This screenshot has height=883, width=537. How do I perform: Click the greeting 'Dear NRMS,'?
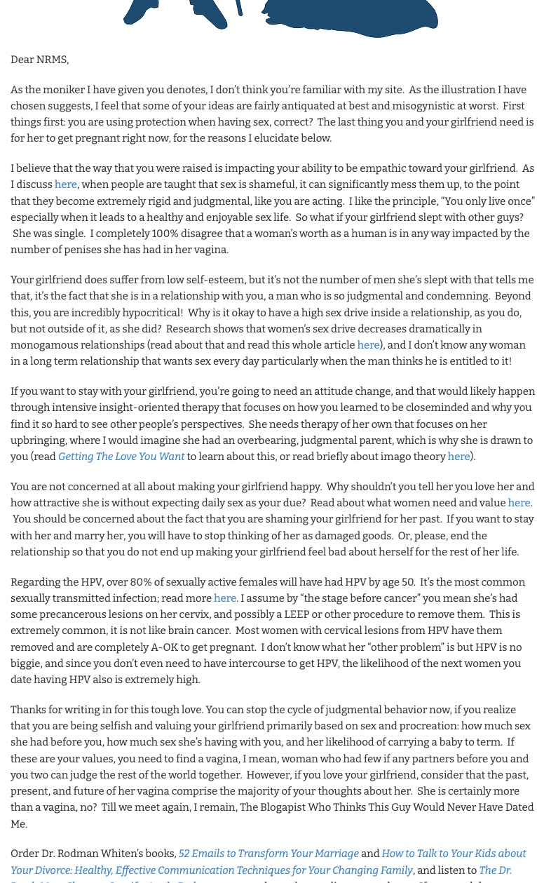click(39, 60)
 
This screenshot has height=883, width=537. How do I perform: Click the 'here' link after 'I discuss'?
click(66, 184)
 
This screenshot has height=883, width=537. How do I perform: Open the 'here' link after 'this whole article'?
click(368, 345)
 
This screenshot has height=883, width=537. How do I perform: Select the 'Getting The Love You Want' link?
click(121, 457)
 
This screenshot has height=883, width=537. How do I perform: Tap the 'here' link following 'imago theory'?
click(458, 457)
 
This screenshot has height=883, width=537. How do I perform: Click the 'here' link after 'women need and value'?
click(519, 503)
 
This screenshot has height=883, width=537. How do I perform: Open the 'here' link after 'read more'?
click(225, 598)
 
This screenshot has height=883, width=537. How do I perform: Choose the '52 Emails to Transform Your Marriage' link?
click(268, 854)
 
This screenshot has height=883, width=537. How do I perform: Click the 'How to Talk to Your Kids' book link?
click(454, 854)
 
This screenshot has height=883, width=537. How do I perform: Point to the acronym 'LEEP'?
click(297, 614)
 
